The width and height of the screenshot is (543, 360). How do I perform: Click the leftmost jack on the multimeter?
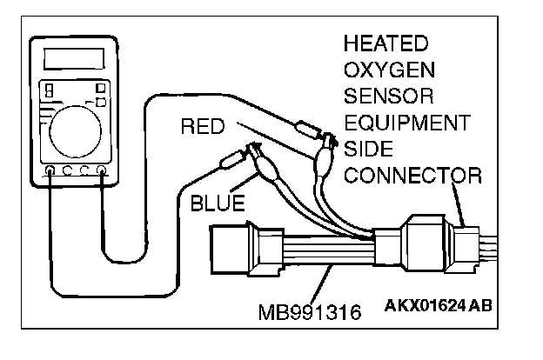click(x=50, y=170)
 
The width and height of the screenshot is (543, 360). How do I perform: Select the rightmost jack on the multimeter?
click(x=102, y=170)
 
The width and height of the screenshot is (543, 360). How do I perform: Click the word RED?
click(x=203, y=128)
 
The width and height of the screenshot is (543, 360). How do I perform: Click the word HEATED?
click(x=385, y=43)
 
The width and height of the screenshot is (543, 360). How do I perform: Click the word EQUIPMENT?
click(x=406, y=122)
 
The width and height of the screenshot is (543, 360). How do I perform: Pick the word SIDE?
click(x=369, y=149)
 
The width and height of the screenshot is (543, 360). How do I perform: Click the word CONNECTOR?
click(x=412, y=176)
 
